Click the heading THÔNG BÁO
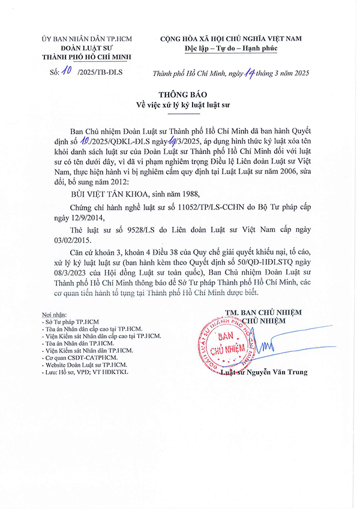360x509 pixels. pyautogui.click(x=180, y=95)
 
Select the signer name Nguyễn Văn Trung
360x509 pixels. pyautogui.click(x=281, y=372)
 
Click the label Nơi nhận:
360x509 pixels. pyautogui.click(x=50, y=314)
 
